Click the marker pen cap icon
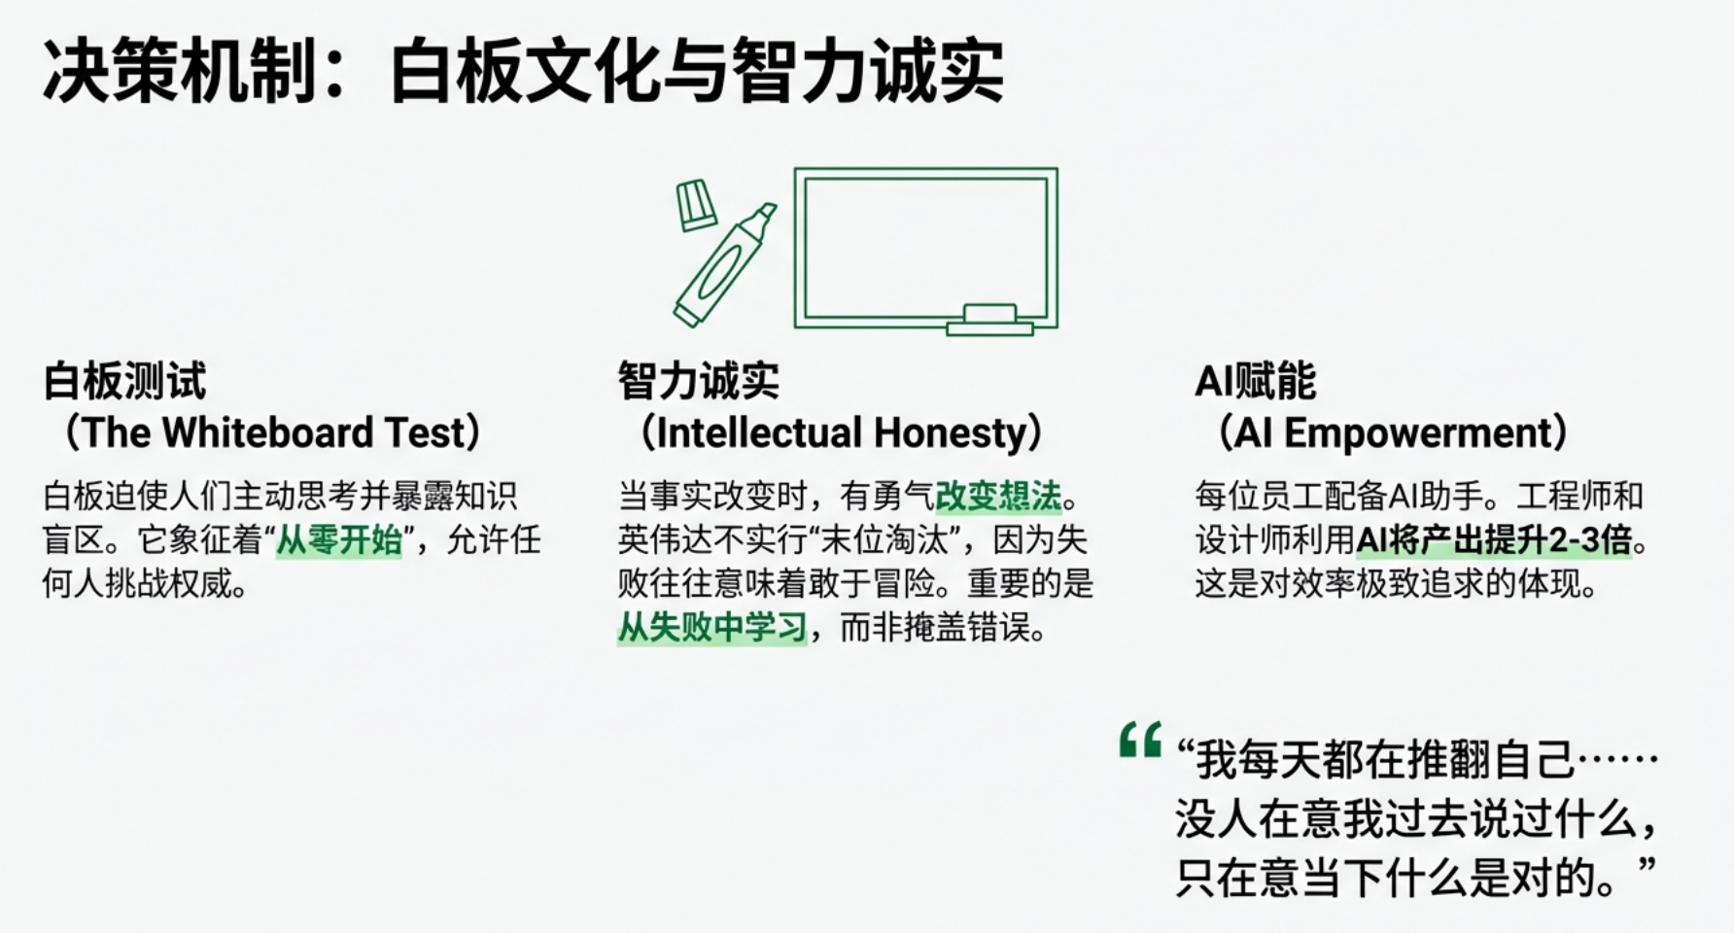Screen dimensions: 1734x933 [x=696, y=204]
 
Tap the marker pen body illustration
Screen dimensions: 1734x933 [x=724, y=265]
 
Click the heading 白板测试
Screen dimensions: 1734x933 [x=124, y=380]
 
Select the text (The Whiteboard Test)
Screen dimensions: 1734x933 [x=272, y=432]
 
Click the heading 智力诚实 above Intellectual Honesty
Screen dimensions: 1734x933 [x=698, y=380]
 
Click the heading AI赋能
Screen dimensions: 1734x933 [x=1255, y=380]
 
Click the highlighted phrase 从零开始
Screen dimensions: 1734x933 [x=339, y=539]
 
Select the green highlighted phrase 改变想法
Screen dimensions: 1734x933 [x=998, y=496]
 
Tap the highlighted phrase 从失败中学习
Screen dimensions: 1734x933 [x=712, y=627]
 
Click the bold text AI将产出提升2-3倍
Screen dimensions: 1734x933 [x=1494, y=539]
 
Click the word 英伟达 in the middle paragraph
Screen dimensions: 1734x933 [x=665, y=539]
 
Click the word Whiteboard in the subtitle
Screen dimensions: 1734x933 [x=267, y=432]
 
